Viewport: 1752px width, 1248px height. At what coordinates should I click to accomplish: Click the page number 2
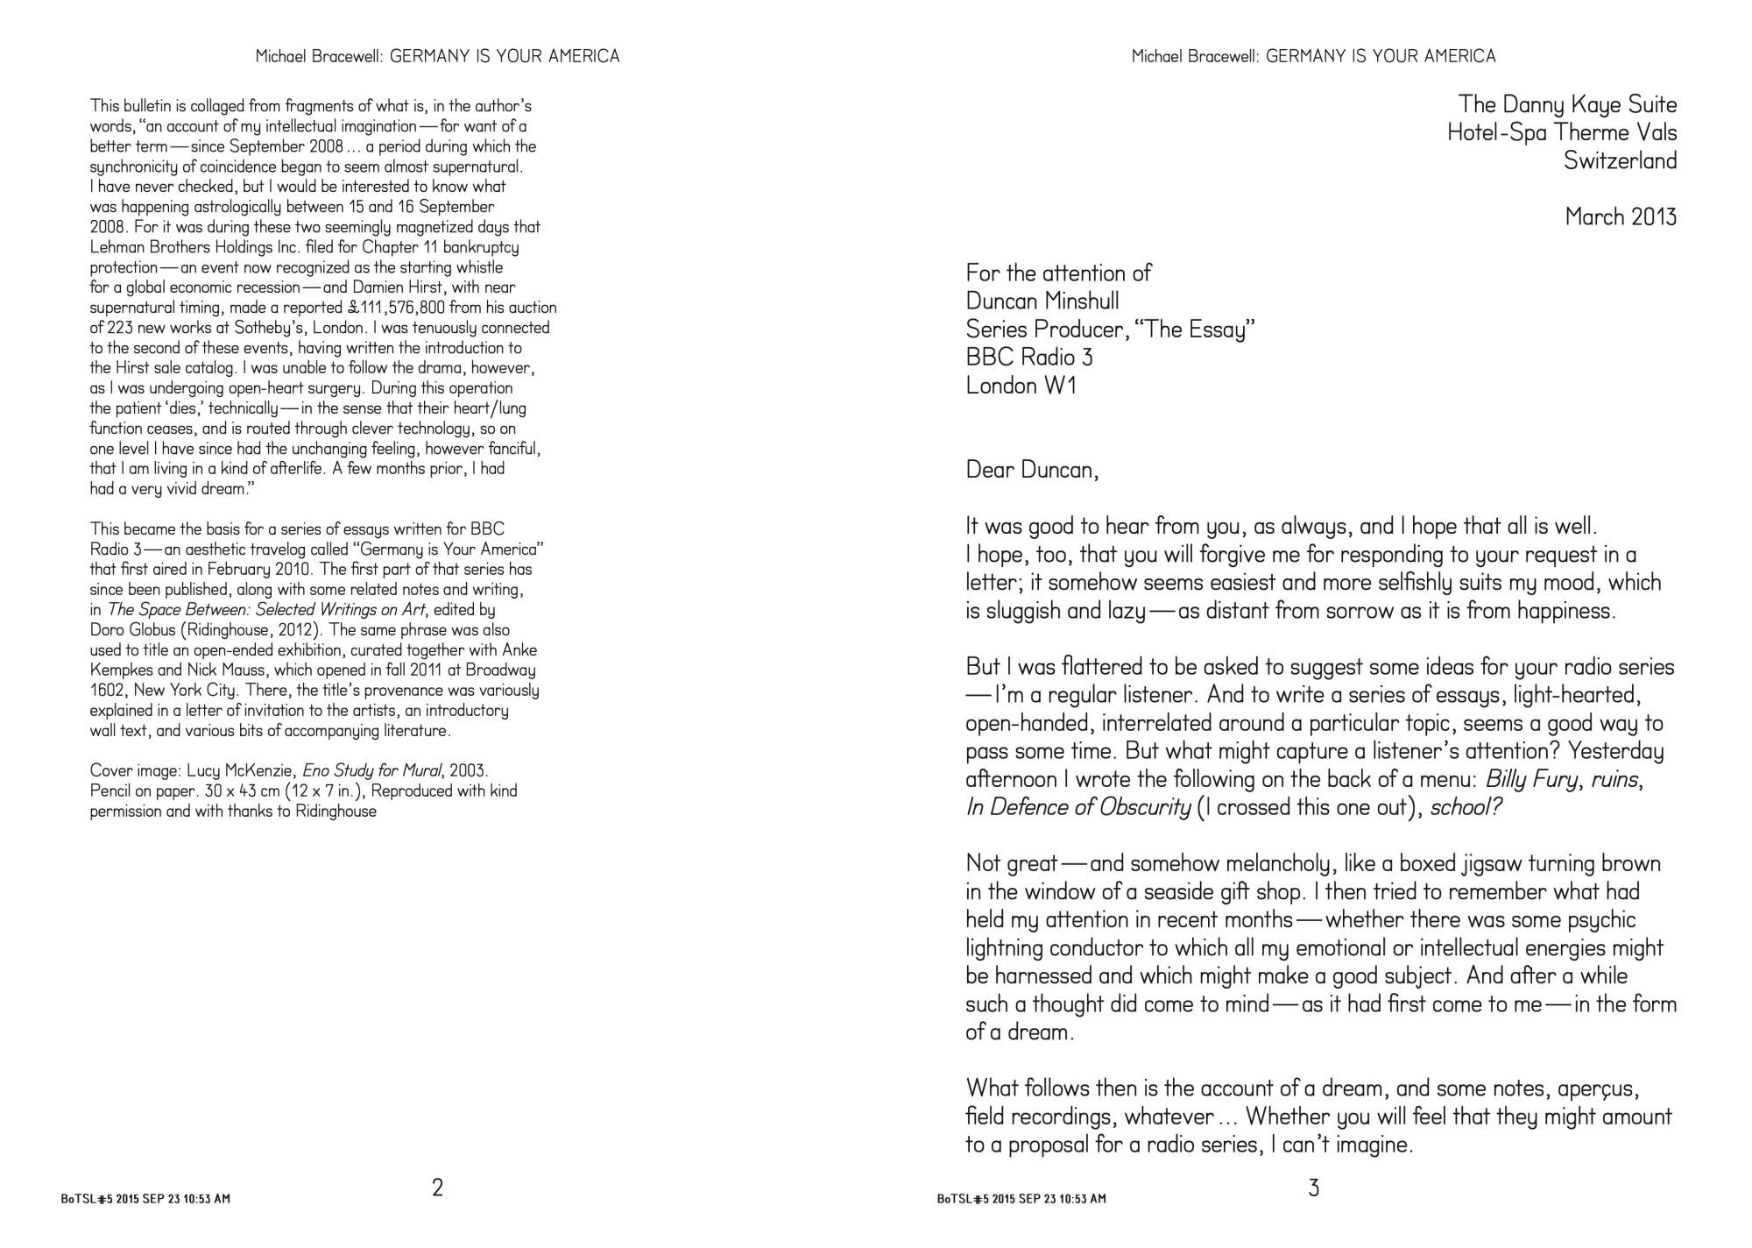tap(437, 1188)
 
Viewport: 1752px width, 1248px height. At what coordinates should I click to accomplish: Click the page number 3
tap(1313, 1188)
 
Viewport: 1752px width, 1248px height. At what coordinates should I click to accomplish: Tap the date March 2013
tap(1621, 216)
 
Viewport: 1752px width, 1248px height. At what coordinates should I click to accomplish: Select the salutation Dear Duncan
tap(1031, 470)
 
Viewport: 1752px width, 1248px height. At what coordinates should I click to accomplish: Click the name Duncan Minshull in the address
tap(1042, 301)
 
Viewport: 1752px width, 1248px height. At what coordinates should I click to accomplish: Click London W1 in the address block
tap(1021, 385)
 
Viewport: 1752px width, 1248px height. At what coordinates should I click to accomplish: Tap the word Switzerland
tap(1620, 160)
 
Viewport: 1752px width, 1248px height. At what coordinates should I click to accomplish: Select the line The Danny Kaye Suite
tap(1567, 104)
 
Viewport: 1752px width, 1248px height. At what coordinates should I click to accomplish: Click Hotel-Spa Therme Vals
tap(1562, 132)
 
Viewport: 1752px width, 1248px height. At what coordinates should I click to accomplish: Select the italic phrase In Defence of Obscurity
tap(1077, 807)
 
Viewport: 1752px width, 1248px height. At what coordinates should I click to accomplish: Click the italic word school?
tap(1466, 807)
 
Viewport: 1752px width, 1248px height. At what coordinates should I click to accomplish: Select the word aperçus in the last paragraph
tap(1602, 1088)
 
